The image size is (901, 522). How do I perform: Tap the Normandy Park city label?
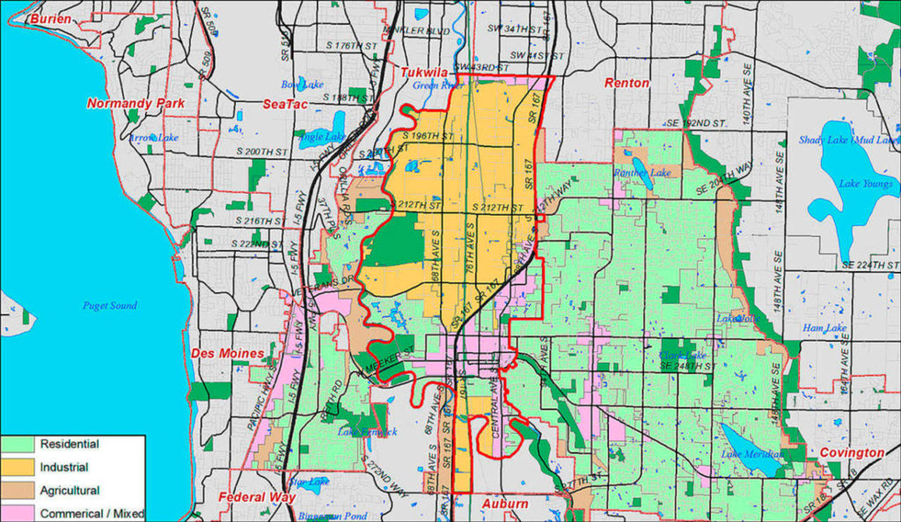tap(136, 103)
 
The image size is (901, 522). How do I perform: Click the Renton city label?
tap(626, 83)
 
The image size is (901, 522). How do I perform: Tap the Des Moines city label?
tap(228, 353)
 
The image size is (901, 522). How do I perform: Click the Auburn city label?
tap(505, 504)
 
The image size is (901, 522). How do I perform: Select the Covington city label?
tap(852, 452)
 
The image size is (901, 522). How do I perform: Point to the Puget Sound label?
tap(110, 305)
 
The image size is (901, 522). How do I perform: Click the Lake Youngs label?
tap(866, 184)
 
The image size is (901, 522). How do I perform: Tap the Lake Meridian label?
tap(752, 454)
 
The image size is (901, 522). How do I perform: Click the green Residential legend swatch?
tap(16, 445)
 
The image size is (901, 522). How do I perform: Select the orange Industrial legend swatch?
tap(16, 467)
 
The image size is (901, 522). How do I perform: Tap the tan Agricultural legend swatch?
tap(16, 490)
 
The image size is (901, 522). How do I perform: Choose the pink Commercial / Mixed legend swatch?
tap(16, 512)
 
